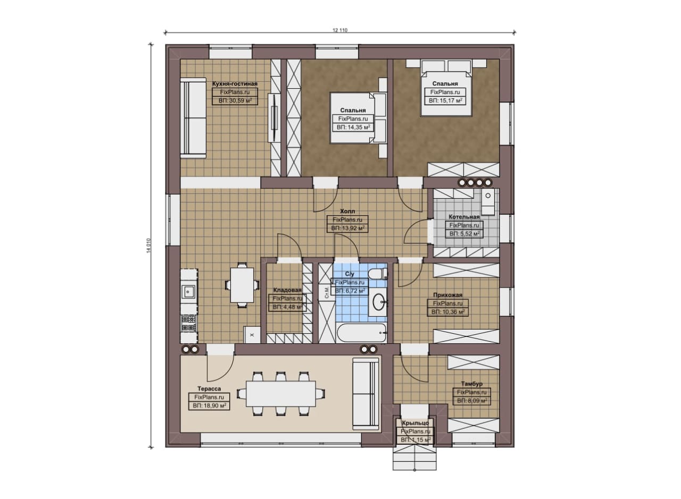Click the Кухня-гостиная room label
click(235, 83)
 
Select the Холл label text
click(347, 211)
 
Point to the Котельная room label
click(464, 217)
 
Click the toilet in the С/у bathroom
click(377, 273)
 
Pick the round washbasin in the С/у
click(379, 302)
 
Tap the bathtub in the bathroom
click(362, 333)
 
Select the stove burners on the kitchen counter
click(189, 323)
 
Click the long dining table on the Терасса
click(280, 394)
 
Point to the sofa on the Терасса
click(366, 394)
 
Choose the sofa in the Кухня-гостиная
click(193, 118)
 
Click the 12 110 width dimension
click(340, 30)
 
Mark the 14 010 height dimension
click(148, 246)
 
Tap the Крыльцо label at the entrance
click(415, 423)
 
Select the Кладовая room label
click(287, 290)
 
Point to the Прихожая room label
click(447, 295)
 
